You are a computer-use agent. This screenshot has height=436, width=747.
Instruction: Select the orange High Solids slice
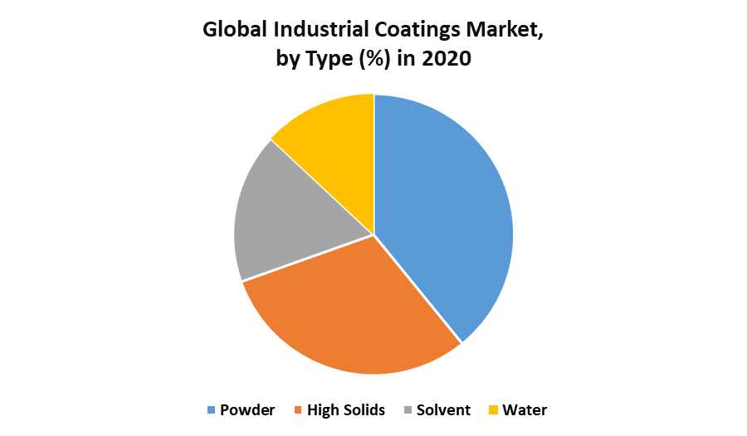[349, 311]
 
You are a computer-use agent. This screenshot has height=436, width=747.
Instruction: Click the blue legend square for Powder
[211, 410]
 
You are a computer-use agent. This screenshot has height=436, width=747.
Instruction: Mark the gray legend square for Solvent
[408, 410]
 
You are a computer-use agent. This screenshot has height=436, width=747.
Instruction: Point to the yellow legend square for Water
[493, 410]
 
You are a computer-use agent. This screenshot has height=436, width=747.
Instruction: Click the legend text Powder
[248, 410]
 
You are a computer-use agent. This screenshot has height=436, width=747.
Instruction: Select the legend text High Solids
[346, 410]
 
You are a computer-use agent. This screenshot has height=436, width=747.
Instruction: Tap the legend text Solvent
[443, 410]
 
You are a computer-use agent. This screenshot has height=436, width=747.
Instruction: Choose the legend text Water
[525, 410]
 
